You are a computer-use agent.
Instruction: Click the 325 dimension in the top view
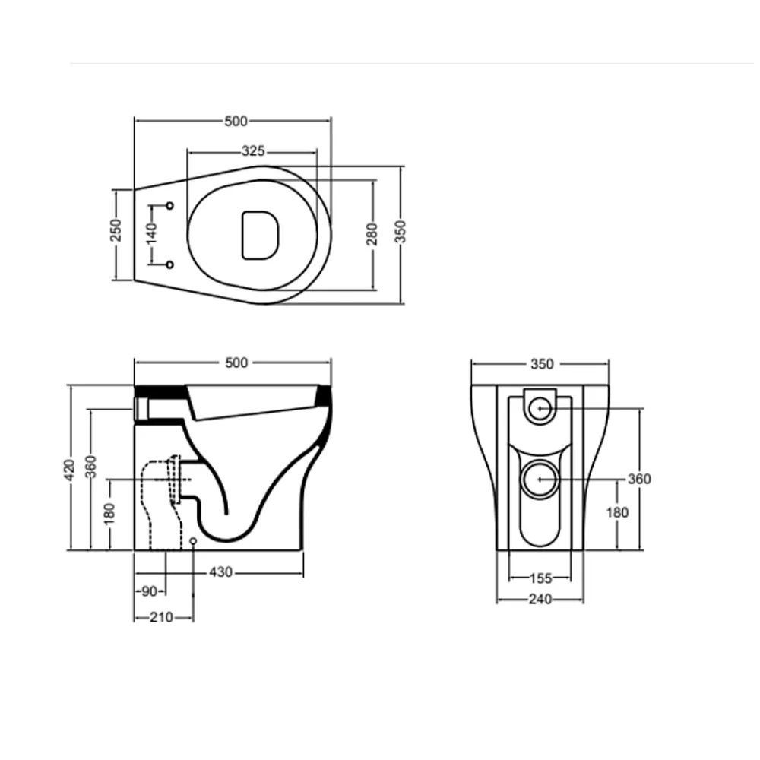pos(253,151)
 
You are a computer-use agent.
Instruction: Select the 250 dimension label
pos(116,230)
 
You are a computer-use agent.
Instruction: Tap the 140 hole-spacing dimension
pos(152,233)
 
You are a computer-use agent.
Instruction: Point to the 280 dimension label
pos(372,234)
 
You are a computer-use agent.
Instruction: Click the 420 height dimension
pos(70,470)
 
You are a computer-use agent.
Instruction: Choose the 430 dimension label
pos(220,572)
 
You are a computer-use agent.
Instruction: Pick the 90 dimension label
pos(150,591)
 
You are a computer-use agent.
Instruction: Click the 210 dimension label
pos(161,617)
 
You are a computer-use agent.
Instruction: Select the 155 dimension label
pos(540,578)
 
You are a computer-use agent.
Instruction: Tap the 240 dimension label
pos(540,600)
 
